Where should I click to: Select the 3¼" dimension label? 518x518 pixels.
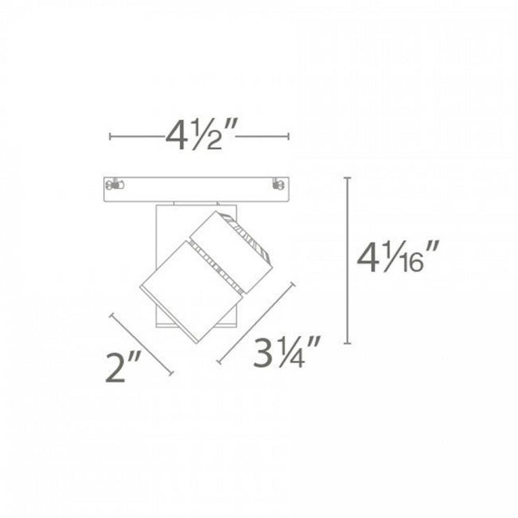[x=286, y=352]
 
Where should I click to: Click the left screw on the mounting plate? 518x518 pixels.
[x=114, y=184]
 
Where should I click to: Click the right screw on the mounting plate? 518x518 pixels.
[x=279, y=184]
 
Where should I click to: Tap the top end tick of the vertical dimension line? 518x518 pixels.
[x=347, y=178]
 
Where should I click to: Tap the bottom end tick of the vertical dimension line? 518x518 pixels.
[x=347, y=343]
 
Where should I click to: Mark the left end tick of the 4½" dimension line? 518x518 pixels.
[x=110, y=136]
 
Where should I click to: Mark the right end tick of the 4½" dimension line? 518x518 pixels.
[x=289, y=136]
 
